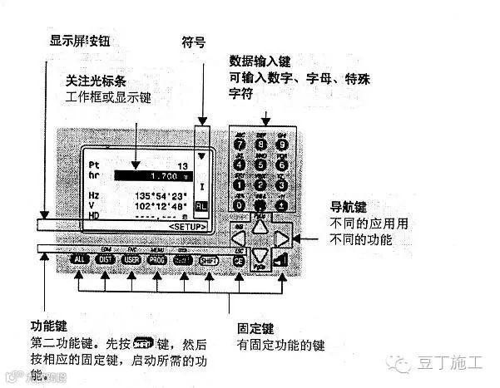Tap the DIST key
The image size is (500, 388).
pyautogui.click(x=106, y=260)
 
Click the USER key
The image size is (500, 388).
pyautogui.click(x=131, y=260)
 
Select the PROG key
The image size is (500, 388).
pyautogui.click(x=157, y=260)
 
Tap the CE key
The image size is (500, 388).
pyautogui.click(x=239, y=261)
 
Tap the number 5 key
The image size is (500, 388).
pyautogui.click(x=261, y=165)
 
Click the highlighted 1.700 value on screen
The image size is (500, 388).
pyautogui.click(x=158, y=176)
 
